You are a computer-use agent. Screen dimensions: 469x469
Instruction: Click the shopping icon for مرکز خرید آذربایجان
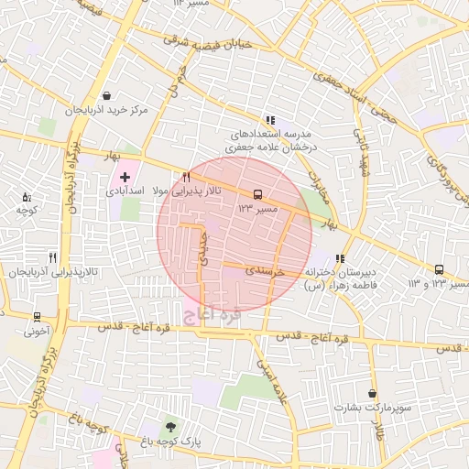click(x=107, y=95)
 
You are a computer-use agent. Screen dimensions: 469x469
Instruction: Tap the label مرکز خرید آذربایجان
click(x=106, y=110)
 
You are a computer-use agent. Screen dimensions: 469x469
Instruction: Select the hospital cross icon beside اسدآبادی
click(x=125, y=175)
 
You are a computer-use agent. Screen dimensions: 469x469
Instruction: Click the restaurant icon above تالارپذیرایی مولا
click(x=186, y=177)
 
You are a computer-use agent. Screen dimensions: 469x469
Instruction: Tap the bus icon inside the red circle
click(x=257, y=194)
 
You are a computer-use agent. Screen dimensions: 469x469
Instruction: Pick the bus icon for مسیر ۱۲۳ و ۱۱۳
click(x=441, y=269)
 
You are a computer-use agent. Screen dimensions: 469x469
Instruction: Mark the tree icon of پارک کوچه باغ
click(x=170, y=427)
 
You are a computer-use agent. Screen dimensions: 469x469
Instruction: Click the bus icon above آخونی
click(x=37, y=317)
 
